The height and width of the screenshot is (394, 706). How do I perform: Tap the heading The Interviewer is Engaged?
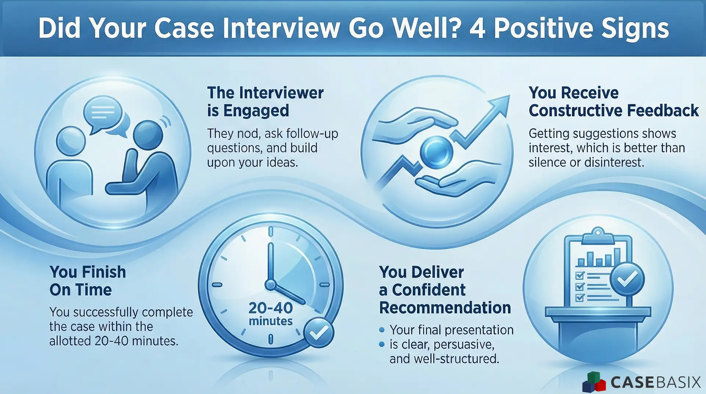pyautogui.click(x=265, y=101)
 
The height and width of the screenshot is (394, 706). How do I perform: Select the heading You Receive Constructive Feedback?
pyautogui.click(x=613, y=101)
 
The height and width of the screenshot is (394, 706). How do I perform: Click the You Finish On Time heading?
pyautogui.click(x=88, y=281)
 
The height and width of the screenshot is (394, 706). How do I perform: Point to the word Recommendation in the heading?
pyautogui.click(x=445, y=308)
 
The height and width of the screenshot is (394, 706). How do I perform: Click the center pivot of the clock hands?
pyautogui.click(x=271, y=284)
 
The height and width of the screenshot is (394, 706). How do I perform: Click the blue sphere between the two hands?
pyautogui.click(x=436, y=151)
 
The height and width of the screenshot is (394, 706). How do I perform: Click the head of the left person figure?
pyautogui.click(x=71, y=141)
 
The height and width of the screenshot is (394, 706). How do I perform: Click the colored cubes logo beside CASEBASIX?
pyautogui.click(x=594, y=382)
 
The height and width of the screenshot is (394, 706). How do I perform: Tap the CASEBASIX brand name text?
pyautogui.click(x=655, y=382)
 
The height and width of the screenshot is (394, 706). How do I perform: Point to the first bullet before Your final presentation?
pyautogui.click(x=382, y=330)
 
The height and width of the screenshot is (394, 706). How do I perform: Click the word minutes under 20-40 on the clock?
pyautogui.click(x=271, y=321)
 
